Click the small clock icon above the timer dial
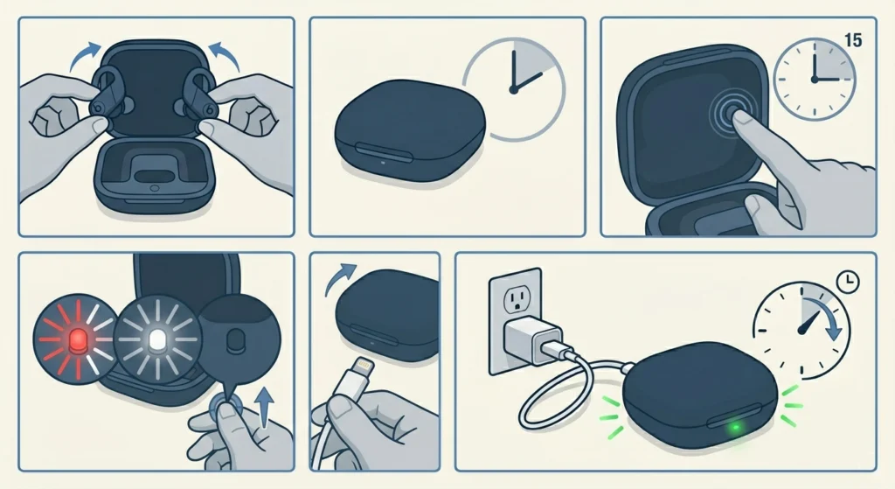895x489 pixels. click(847, 282)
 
